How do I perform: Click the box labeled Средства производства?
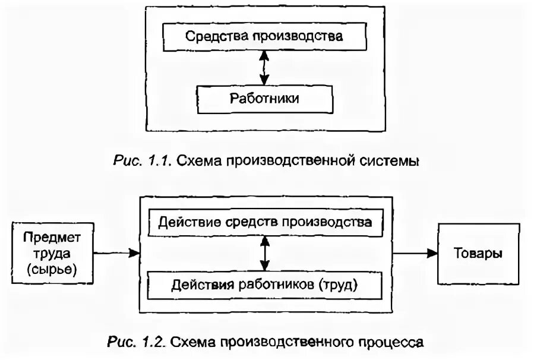[x=264, y=37]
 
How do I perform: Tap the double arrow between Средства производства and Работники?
[x=264, y=68]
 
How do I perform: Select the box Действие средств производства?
[x=264, y=223]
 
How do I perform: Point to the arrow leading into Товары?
[x=415, y=253]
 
